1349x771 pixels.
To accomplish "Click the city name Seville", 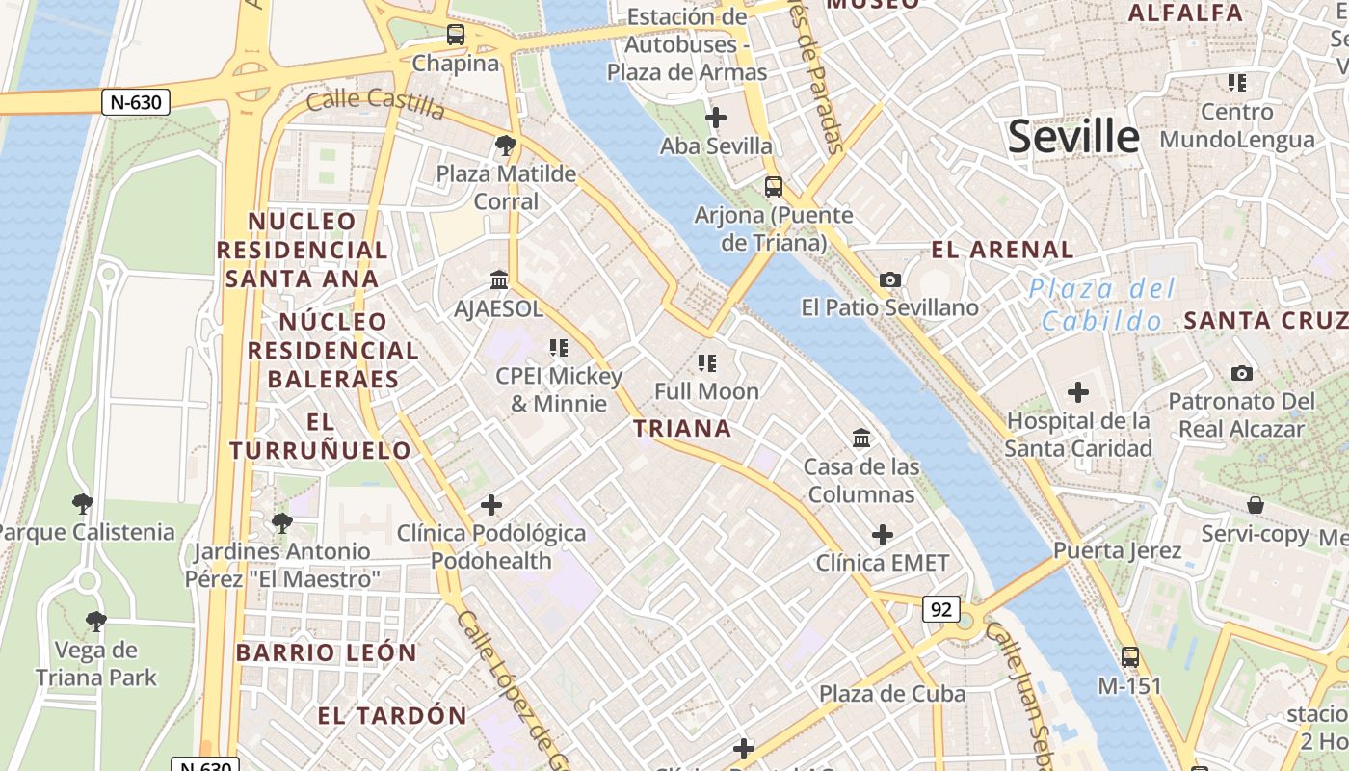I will [1073, 137].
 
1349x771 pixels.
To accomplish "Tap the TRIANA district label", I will [682, 429].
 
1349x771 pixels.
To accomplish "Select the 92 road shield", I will [941, 609].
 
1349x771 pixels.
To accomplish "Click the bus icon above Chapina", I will [456, 36].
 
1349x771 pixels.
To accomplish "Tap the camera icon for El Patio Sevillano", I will [890, 279].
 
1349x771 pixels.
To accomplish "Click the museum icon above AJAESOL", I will [499, 279].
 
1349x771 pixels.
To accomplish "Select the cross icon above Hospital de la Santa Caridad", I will [1078, 392].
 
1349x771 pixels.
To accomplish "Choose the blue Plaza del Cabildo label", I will [1102, 304].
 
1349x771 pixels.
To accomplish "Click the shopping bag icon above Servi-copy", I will [1255, 505].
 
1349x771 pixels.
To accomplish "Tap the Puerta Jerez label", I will [1117, 551].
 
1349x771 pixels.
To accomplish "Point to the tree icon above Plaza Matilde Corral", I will [505, 146].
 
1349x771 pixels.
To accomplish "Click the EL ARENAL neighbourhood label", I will [1002, 250].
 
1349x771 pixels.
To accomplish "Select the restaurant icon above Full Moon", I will [707, 363].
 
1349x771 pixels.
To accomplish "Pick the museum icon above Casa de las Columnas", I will [861, 439].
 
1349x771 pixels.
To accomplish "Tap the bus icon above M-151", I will [1130, 657].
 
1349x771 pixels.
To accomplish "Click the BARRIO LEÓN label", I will [327, 652].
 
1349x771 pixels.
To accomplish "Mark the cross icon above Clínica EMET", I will [883, 534].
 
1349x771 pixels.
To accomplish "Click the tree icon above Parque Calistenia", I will [83, 503].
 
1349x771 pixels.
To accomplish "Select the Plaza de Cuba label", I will [891, 694].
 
